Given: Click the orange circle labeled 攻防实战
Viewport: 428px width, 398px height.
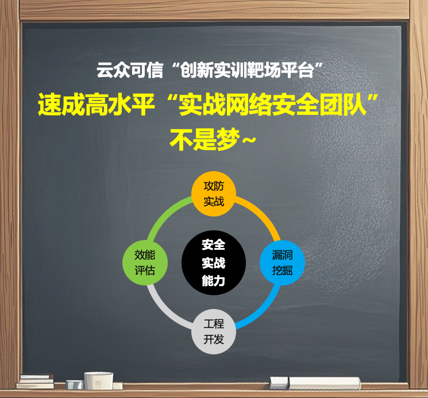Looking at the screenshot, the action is click(214, 194).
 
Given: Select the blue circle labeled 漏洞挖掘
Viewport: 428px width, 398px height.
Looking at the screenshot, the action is click(282, 262).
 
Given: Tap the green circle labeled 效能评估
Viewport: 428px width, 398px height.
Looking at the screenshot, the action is click(145, 262).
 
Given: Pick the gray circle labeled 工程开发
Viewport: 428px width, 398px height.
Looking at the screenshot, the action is click(214, 331).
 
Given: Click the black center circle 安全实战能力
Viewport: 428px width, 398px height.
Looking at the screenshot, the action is click(214, 262).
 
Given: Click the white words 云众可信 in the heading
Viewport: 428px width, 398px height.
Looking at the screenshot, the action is click(130, 70).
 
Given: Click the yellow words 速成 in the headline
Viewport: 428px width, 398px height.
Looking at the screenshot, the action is click(61, 105).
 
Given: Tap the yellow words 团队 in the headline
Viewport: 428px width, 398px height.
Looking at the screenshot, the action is click(342, 105).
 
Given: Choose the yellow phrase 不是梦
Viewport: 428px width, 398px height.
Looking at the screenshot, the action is click(205, 140).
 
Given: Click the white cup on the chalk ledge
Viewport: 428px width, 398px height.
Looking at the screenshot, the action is click(99, 381).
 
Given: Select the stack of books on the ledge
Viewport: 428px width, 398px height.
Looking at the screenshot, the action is click(35, 381).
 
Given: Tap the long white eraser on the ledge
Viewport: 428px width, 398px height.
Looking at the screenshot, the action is click(325, 383).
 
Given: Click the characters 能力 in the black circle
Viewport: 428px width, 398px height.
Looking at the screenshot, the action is click(214, 281).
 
